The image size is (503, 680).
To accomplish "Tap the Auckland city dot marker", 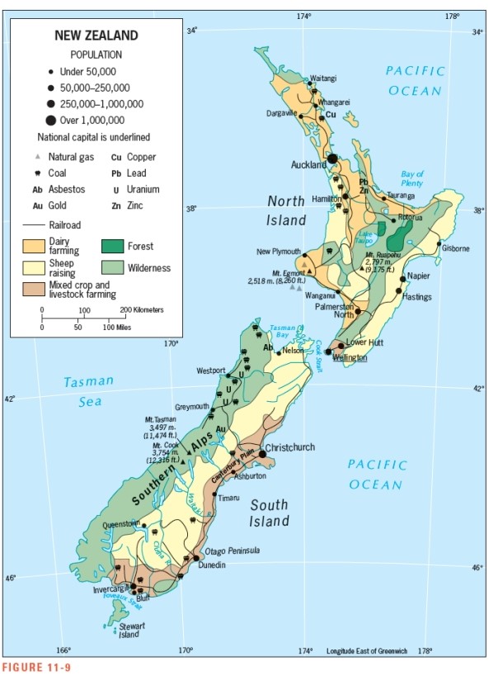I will click(x=332, y=158).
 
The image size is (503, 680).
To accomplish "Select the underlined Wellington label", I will click(x=350, y=357).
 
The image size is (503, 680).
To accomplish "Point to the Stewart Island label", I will click(x=132, y=630).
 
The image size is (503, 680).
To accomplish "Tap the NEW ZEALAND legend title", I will click(x=96, y=35).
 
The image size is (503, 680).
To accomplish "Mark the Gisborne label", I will click(x=455, y=248).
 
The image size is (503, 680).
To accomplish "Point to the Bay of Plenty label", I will click(x=412, y=179).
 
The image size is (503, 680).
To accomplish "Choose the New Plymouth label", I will click(x=279, y=252).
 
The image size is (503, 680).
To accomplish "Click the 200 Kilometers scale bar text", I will click(x=144, y=309).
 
